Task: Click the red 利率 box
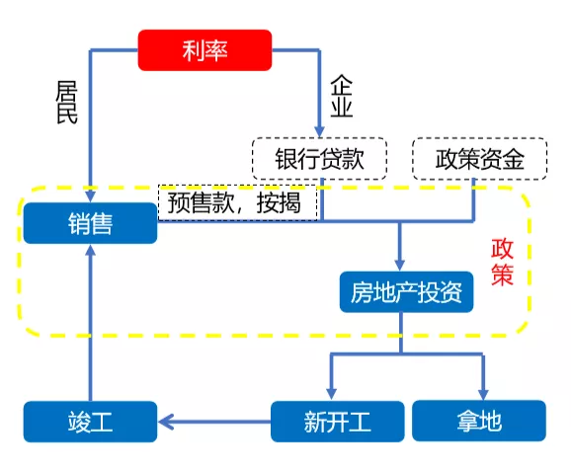(204, 50)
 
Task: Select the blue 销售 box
(90, 223)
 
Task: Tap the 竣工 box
(90, 422)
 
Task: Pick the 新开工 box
(338, 422)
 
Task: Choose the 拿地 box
(479, 421)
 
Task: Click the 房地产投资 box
(406, 292)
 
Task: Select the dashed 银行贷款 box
(319, 159)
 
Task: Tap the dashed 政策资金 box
(479, 159)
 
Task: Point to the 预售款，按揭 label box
(238, 202)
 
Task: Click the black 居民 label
(66, 103)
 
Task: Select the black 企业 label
(341, 96)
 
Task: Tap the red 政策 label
(502, 262)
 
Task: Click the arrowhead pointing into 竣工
(166, 423)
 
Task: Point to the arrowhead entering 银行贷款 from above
(319, 131)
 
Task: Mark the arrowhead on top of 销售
(90, 196)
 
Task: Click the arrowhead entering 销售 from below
(90, 250)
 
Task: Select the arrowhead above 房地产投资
(400, 265)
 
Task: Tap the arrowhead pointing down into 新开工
(331, 394)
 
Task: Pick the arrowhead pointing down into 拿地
(483, 394)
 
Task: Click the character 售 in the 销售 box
(102, 223)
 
